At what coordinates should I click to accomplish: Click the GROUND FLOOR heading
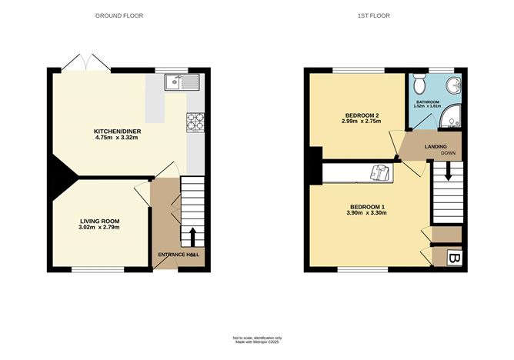118,15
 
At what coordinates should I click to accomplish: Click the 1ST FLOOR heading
382,15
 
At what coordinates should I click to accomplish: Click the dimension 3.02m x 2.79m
98,228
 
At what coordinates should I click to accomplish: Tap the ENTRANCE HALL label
179,255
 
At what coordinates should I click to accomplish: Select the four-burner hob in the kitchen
194,121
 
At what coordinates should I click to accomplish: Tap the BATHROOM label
428,102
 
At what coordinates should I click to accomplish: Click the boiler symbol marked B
454,258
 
